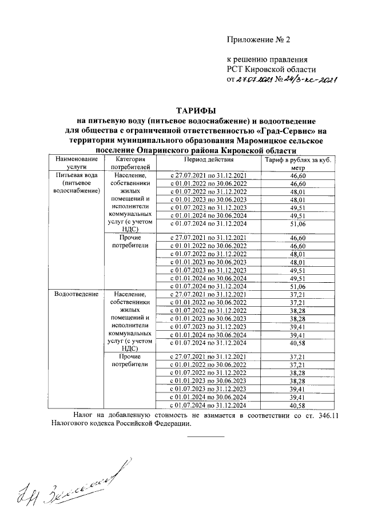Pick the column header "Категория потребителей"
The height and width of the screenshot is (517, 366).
pos(132,162)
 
